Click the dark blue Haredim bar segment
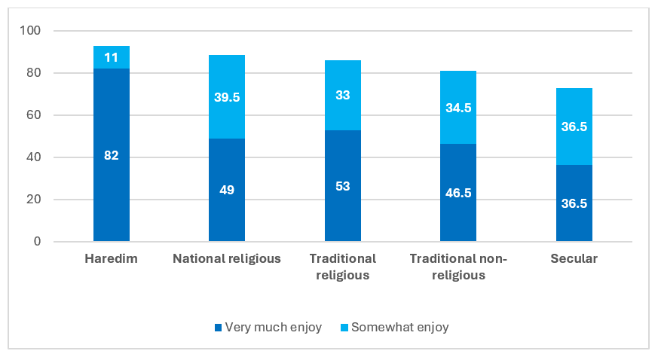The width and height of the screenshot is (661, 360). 112,155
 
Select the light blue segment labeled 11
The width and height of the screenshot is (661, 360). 112,57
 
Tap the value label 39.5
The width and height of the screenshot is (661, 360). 227,97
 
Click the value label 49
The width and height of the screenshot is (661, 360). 227,190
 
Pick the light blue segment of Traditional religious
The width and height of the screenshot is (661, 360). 343,95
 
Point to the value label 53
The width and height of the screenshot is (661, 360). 343,186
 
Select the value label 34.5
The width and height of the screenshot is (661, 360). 458,108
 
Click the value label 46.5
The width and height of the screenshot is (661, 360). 458,193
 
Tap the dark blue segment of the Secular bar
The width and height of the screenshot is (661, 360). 574,203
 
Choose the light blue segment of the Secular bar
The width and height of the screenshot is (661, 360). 574,127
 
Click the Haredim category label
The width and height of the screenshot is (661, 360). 112,258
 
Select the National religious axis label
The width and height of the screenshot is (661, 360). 227,258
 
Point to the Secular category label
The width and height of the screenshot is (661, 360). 574,258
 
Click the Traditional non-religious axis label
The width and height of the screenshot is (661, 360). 458,267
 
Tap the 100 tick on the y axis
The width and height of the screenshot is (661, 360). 30,30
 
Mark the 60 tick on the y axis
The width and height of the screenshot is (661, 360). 33,114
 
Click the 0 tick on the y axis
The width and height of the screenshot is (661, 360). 38,241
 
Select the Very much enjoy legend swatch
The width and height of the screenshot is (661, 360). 218,328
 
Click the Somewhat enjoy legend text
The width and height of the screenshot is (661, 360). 400,327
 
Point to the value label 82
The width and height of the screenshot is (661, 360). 112,155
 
